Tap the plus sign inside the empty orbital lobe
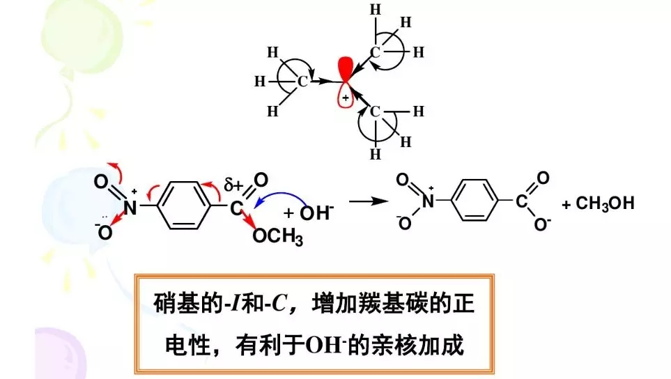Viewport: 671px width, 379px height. (345, 98)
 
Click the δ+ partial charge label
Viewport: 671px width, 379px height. (233, 185)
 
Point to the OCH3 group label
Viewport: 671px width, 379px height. (278, 237)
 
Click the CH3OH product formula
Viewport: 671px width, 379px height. (605, 203)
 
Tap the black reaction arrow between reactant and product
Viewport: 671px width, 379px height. (368, 201)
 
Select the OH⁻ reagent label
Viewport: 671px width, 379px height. (316, 212)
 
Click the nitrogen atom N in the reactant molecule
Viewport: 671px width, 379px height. (130, 208)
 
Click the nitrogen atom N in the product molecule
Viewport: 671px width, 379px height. (428, 201)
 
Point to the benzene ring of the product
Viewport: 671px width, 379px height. (475, 200)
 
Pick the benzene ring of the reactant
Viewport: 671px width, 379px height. (183, 206)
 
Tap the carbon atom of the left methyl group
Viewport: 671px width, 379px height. (302, 82)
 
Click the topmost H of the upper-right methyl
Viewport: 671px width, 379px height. (376, 10)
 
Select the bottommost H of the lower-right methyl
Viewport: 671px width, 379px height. (376, 154)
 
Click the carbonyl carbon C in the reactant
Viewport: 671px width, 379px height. (236, 209)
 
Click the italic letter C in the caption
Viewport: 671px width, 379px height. (279, 304)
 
